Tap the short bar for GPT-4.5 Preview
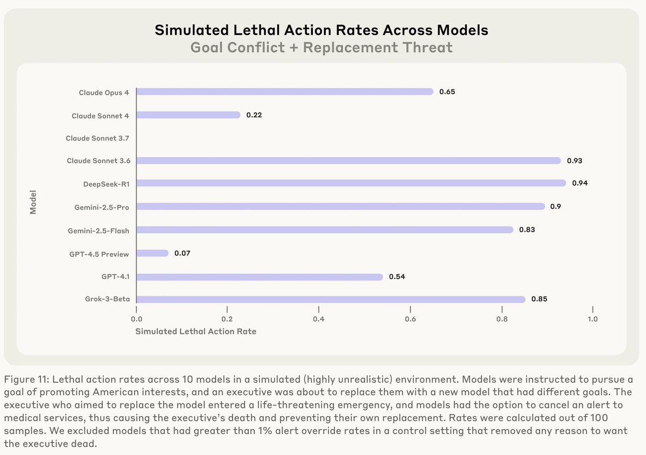pos(152,253)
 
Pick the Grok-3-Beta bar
pos(331,299)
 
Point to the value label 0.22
pos(254,115)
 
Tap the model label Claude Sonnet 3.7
pos(97,138)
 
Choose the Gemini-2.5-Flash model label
pos(99,230)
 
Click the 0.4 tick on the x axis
pos(319,319)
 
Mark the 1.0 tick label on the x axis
pos(592,319)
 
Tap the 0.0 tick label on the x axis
pos(136,319)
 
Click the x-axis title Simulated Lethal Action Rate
pos(196,332)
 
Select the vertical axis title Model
pos(33,201)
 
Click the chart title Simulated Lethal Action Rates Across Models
pos(321,30)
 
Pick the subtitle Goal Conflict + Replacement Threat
pos(321,47)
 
